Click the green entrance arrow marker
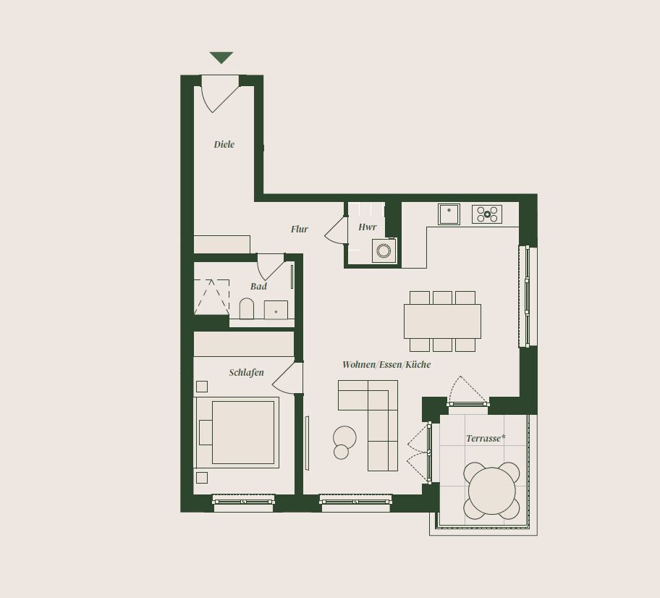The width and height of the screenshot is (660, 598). [x=221, y=57]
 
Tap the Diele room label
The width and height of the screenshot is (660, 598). [x=224, y=145]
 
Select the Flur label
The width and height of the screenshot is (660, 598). [x=300, y=229]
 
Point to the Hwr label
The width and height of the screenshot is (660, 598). [x=368, y=227]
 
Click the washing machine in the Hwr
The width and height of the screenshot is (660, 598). [x=384, y=250]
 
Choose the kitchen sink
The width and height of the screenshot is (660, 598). [x=449, y=214]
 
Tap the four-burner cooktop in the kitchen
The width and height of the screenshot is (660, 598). [x=487, y=214]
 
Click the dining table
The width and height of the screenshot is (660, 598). [x=442, y=321]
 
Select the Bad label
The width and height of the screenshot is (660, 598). [x=258, y=287]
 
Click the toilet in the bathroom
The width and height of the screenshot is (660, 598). [x=247, y=309]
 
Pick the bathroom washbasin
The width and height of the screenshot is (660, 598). [x=276, y=310]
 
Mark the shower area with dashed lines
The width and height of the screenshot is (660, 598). [x=212, y=297]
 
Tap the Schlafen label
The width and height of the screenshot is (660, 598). [x=247, y=372]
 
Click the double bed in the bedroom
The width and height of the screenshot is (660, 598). [x=237, y=432]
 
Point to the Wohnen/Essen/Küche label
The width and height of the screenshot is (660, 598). [x=386, y=365]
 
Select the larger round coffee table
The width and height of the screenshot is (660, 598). [x=344, y=437]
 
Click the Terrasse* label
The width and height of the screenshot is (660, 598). [x=486, y=439]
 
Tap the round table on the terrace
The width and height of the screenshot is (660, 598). [x=492, y=491]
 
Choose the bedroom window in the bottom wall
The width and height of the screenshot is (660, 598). [x=243, y=501]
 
